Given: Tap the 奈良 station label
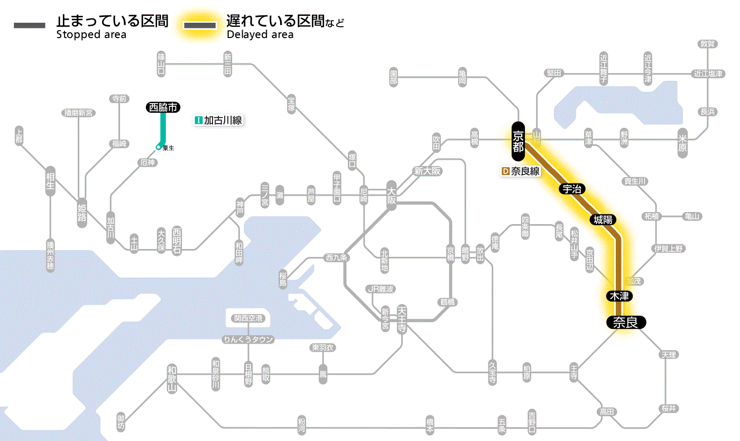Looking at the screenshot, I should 625,322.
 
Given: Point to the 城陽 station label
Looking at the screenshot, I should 604,219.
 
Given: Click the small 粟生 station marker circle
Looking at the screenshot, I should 158,147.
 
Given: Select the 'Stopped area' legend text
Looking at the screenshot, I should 91,35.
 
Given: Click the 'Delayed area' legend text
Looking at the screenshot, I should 260,35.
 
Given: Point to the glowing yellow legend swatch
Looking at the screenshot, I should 200,25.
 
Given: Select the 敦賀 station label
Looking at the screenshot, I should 708,44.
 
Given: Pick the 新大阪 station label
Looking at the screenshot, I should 427,171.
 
